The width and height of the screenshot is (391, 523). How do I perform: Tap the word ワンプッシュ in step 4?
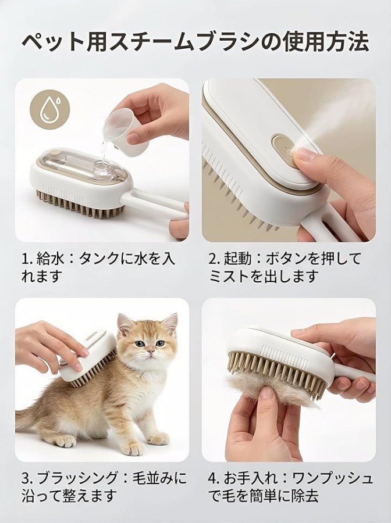point(331,478)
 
